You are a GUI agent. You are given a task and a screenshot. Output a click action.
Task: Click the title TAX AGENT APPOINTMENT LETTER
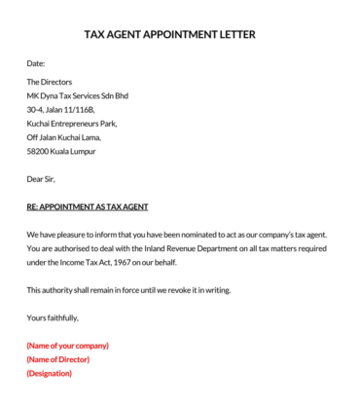point(170,34)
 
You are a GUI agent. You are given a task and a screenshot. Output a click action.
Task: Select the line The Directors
point(50,83)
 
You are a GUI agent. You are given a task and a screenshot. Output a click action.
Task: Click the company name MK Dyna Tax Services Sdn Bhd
point(77,96)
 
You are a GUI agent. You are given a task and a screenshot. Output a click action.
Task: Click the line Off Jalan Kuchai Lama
point(65,137)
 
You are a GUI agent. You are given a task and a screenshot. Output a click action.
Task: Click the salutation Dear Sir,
point(41,179)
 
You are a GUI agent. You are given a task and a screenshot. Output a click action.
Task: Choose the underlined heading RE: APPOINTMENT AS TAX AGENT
point(87,207)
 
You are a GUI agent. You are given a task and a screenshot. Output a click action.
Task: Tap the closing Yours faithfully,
point(53,317)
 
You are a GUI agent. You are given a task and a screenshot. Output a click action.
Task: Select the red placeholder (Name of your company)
point(67,346)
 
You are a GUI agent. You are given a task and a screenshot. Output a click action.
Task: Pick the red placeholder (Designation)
point(50,373)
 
